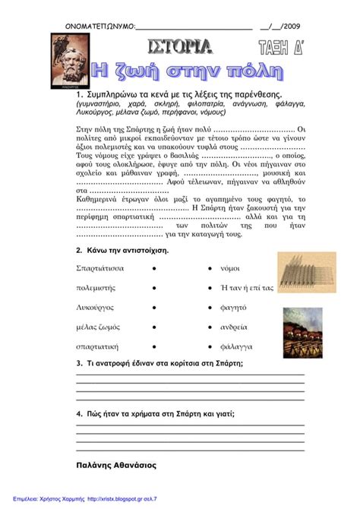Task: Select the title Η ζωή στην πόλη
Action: (x=186, y=74)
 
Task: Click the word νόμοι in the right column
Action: (x=229, y=268)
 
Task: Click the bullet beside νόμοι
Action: (x=208, y=268)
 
